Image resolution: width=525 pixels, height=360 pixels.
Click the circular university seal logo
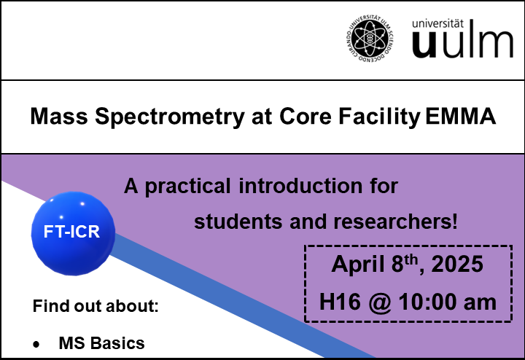click(369, 39)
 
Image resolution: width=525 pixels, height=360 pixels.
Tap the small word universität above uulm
click(437, 23)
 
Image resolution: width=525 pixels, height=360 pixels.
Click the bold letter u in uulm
click(424, 44)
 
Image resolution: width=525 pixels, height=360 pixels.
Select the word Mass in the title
click(59, 116)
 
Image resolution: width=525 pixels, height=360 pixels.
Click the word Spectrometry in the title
click(170, 117)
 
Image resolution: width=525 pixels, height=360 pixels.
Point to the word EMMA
click(460, 116)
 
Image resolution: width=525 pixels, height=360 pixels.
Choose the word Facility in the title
click(379, 117)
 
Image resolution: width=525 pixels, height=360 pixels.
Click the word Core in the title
click(305, 116)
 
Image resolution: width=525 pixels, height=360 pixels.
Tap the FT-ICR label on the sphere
click(71, 232)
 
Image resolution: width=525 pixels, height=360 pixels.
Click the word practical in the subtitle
click(187, 187)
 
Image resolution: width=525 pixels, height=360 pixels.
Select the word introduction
click(300, 186)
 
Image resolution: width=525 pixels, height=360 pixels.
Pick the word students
click(238, 222)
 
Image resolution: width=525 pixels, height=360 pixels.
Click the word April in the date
click(357, 265)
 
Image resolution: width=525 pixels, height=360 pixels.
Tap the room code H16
click(340, 302)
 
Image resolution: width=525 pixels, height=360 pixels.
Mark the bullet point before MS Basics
click(36, 344)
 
